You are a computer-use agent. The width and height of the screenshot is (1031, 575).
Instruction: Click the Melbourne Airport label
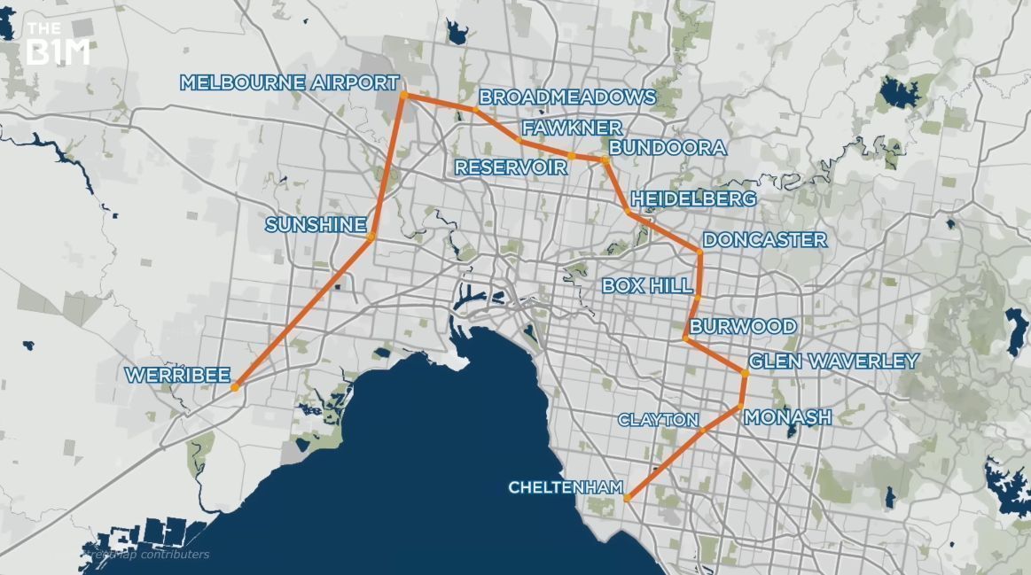[x=289, y=83]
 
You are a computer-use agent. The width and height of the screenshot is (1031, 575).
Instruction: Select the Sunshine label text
[x=316, y=225]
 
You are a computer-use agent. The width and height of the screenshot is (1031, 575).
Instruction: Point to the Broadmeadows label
[x=567, y=97]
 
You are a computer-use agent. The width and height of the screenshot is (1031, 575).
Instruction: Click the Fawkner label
[x=571, y=128]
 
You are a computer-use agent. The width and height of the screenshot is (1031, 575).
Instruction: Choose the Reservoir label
[x=511, y=167]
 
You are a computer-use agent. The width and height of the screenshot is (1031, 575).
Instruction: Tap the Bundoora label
[x=668, y=147]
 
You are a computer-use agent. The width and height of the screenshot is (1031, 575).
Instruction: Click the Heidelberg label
[x=693, y=198]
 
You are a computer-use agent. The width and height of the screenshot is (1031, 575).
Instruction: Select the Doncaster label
[x=764, y=240]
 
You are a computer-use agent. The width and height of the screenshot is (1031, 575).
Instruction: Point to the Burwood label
[x=743, y=327]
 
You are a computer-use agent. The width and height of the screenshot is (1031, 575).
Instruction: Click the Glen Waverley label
[x=833, y=361]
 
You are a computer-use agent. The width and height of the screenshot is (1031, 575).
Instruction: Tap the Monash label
[x=788, y=417]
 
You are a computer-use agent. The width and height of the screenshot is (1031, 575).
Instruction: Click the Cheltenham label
[x=564, y=487]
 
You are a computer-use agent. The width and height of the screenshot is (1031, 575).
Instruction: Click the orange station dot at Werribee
[x=235, y=387]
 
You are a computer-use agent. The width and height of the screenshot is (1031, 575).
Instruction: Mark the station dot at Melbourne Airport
[x=403, y=94]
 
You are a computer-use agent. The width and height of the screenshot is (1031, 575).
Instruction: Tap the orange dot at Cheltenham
[x=627, y=500]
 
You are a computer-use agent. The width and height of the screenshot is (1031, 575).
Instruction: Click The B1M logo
[x=59, y=45]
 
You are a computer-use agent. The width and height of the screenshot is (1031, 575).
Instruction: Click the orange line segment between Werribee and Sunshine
[x=303, y=311]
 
